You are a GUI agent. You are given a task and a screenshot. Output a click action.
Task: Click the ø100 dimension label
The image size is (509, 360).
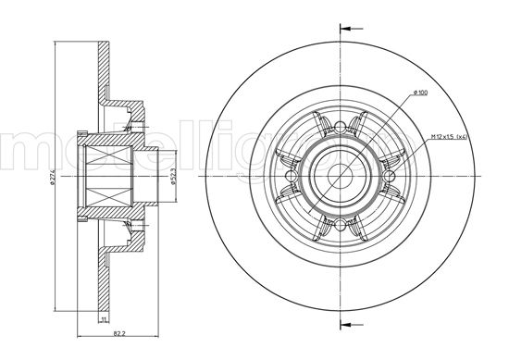click(419, 93)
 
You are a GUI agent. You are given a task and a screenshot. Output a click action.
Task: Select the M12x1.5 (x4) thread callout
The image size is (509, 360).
click(449, 137)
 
